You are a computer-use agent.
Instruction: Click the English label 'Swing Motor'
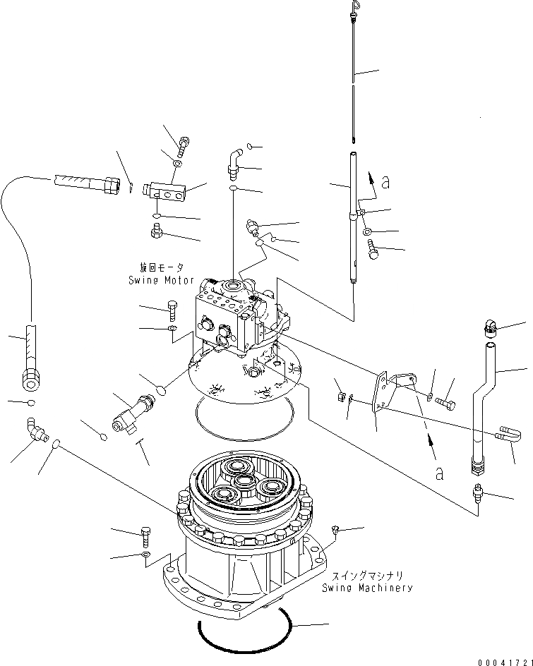(x=160, y=280)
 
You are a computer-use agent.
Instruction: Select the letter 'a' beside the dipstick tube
(x=385, y=182)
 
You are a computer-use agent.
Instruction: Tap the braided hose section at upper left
(x=79, y=185)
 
